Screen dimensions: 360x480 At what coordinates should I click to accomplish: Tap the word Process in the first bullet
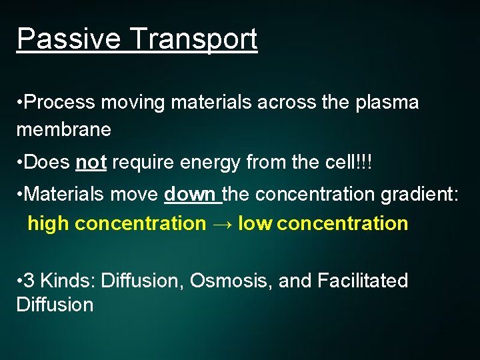61,103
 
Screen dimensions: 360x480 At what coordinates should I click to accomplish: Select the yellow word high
48,223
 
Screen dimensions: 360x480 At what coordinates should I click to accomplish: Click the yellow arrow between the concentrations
221,223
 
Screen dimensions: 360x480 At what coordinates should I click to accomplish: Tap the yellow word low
255,223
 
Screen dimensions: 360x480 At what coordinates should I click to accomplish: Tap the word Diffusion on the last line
55,305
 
